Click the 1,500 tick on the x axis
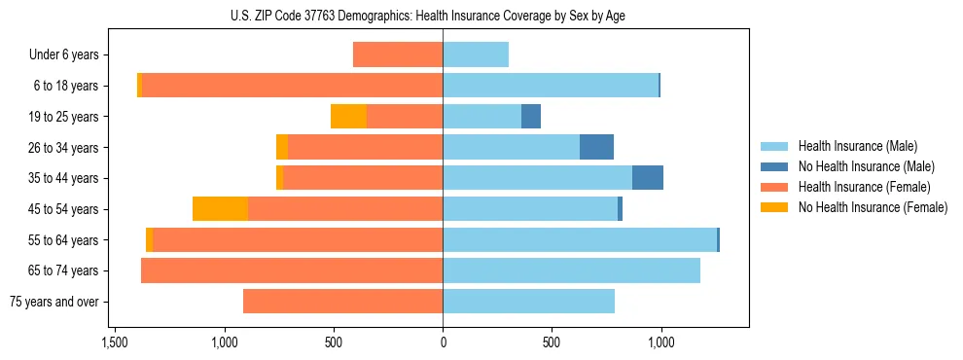pyautogui.click(x=115, y=342)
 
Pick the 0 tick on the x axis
pyautogui.click(x=443, y=342)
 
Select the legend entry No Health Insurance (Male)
pyautogui.click(x=866, y=166)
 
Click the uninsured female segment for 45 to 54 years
pyautogui.click(x=220, y=209)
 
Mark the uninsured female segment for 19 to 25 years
pyautogui.click(x=348, y=117)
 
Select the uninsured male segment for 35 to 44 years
pyautogui.click(x=648, y=178)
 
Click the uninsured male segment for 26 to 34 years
pyautogui.click(x=596, y=147)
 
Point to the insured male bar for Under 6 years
pyautogui.click(x=476, y=55)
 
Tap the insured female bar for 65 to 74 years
pyautogui.click(x=292, y=270)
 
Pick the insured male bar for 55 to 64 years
pyautogui.click(x=580, y=239)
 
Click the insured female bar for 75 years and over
pyautogui.click(x=342, y=302)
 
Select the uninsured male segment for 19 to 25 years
pyautogui.click(x=531, y=117)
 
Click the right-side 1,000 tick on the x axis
pyautogui.click(x=660, y=342)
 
